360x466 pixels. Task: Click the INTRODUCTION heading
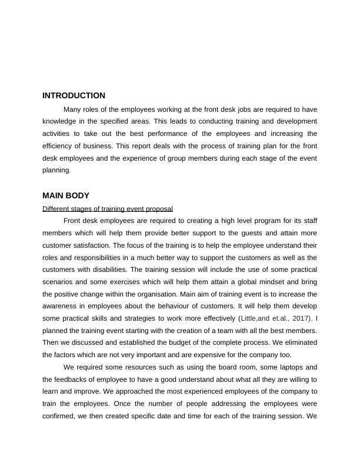[74, 95]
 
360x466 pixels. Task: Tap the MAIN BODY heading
[65, 195]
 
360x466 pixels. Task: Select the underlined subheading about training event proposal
[108, 209]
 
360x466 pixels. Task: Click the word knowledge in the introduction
[61, 121]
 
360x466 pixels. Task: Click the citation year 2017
[300, 318]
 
